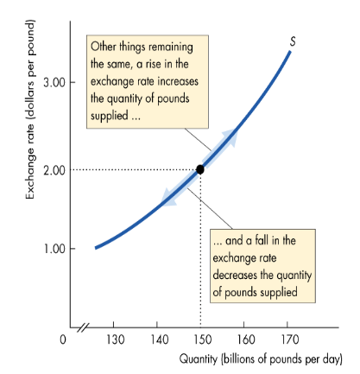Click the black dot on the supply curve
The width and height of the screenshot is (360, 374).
(x=200, y=169)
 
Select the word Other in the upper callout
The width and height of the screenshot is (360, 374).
(x=105, y=46)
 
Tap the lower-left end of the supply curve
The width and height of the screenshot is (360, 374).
(x=97, y=247)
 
